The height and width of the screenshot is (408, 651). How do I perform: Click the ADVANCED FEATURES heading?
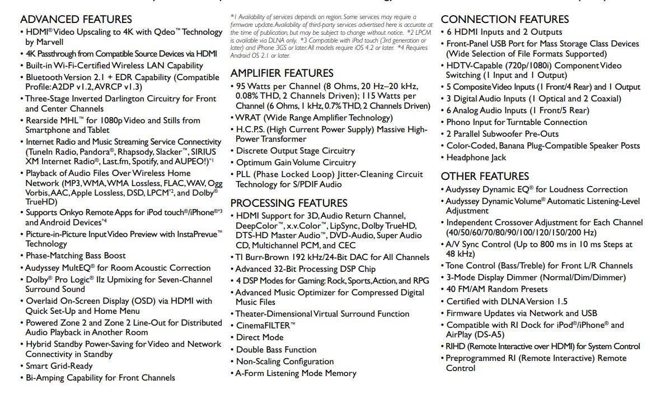click(76, 20)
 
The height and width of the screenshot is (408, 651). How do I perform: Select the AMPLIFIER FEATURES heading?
click(282, 73)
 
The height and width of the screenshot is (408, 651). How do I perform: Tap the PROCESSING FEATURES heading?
click(289, 203)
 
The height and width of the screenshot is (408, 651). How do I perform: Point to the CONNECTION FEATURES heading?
click(504, 20)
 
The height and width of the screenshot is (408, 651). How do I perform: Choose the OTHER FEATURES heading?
click(485, 177)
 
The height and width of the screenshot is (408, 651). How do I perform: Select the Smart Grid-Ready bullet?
click(59, 366)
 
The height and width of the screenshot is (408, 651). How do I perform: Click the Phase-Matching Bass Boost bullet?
click(76, 256)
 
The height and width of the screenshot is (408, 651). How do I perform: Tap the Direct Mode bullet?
click(260, 337)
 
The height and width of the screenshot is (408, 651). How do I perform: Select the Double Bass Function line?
click(276, 350)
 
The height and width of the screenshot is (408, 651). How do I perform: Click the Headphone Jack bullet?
click(476, 157)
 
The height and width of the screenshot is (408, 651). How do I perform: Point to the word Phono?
click(458, 122)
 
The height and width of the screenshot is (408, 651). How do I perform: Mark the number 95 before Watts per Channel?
click(241, 87)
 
